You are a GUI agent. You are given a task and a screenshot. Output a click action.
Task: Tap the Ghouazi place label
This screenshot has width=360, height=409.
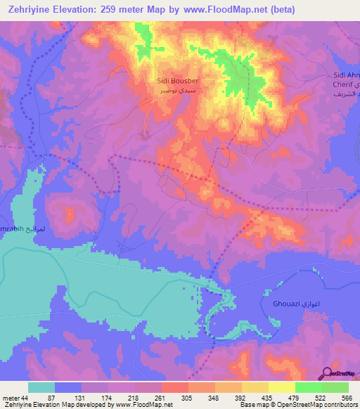pos(282,304)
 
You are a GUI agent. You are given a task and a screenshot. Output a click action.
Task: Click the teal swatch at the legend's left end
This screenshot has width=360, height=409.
pos(41,387)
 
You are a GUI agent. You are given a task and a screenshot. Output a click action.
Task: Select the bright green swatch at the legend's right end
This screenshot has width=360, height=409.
pos(335,387)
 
